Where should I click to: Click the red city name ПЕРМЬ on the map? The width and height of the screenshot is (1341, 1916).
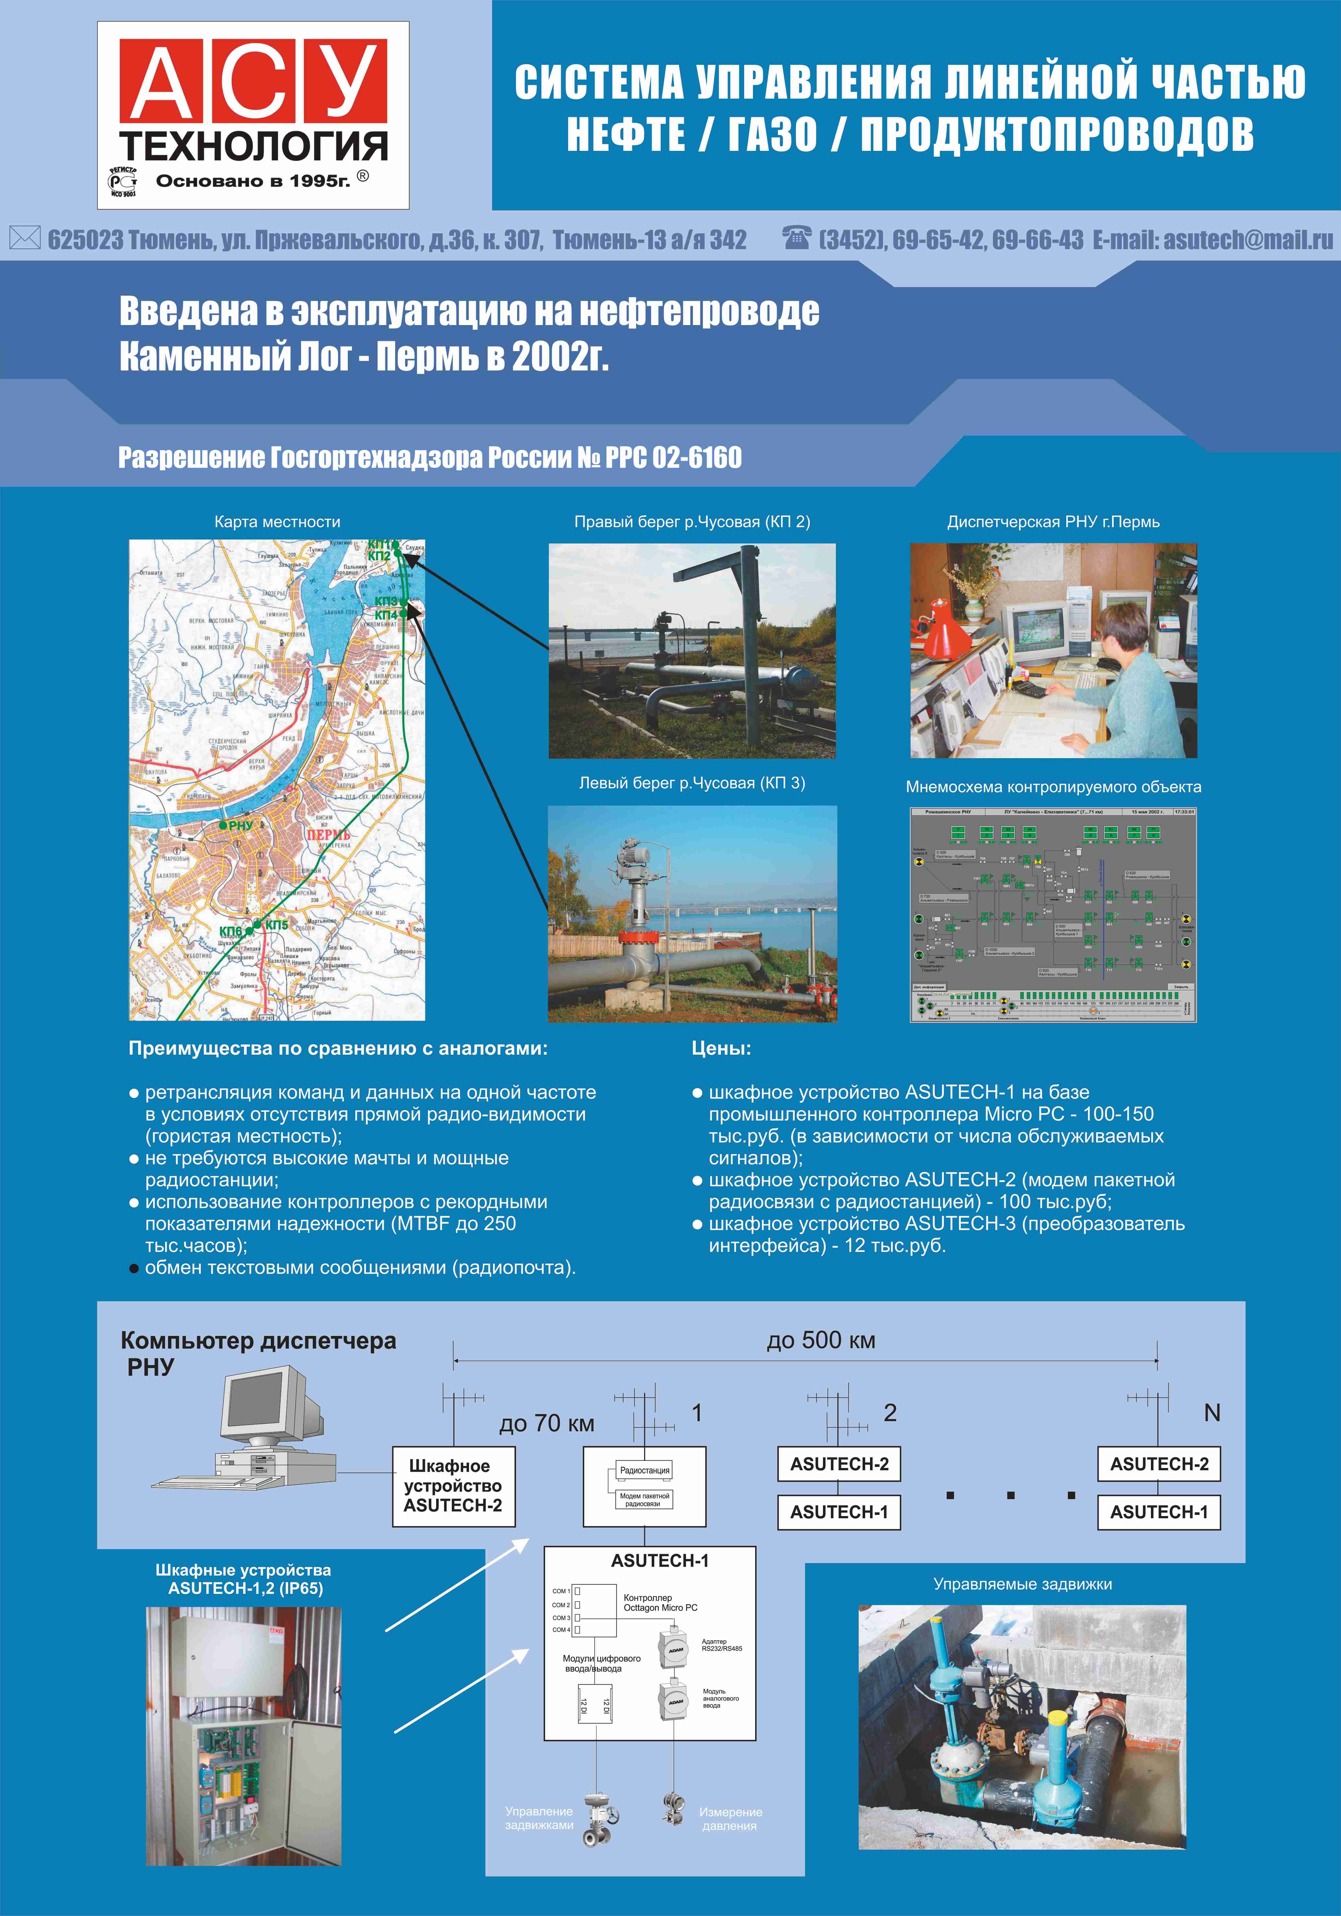click(328, 834)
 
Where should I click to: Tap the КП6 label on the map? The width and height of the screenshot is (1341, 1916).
click(230, 931)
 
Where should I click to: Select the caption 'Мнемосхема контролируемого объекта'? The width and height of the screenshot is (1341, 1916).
click(1053, 787)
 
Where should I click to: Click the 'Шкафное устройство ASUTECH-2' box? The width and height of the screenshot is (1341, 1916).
click(453, 1486)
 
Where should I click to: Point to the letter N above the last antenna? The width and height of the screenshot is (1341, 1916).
click(1212, 1413)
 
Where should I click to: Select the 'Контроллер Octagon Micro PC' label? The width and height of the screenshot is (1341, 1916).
click(660, 1602)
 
